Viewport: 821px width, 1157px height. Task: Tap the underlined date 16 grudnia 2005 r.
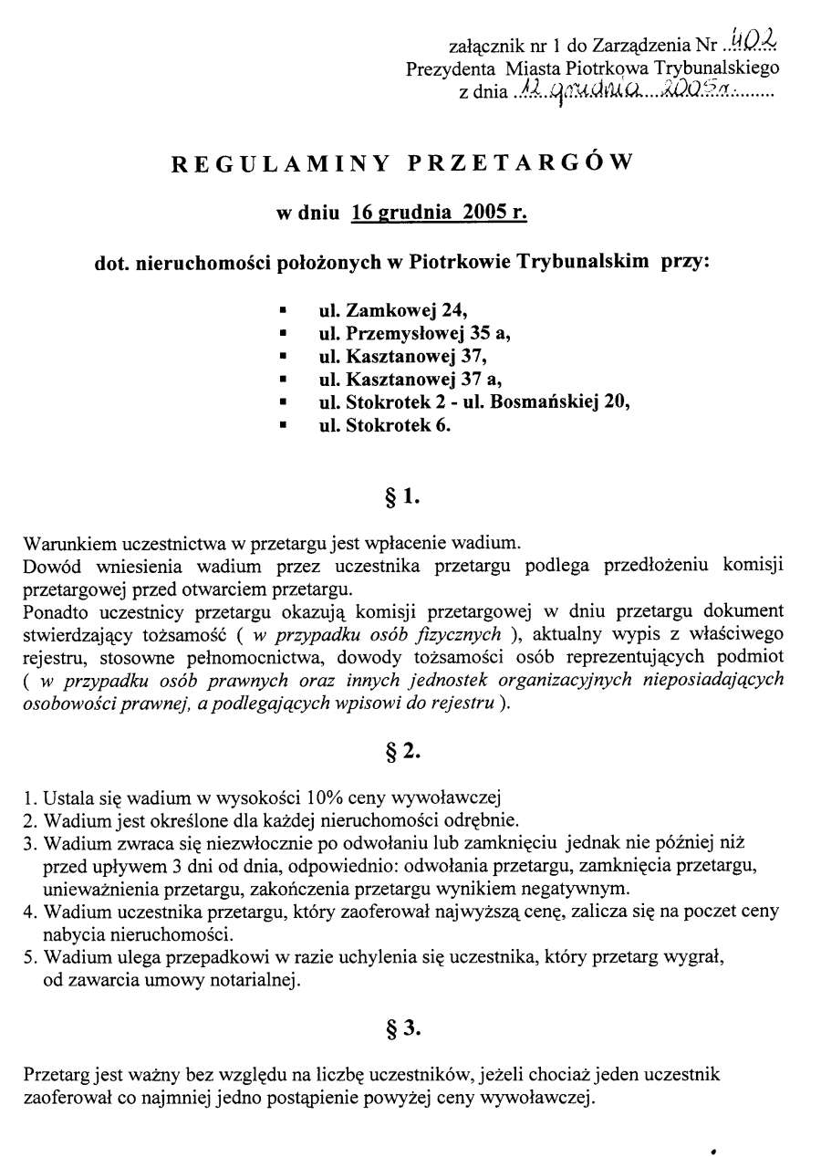[440, 214]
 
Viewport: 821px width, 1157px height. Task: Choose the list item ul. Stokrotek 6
[385, 424]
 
